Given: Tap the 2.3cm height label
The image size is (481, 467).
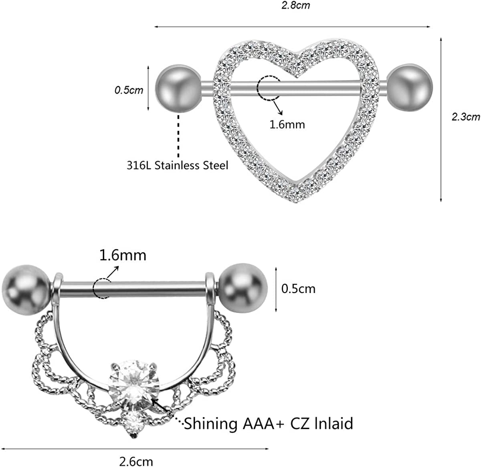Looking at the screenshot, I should [465, 117].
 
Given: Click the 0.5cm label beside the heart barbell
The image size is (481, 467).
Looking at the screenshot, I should [129, 90].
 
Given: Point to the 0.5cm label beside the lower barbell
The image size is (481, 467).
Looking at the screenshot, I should [298, 289].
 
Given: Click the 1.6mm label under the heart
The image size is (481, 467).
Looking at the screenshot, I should [287, 124].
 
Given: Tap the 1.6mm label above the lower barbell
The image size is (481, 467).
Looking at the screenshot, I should [123, 255].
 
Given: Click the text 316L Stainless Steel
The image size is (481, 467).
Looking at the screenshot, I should [178, 165].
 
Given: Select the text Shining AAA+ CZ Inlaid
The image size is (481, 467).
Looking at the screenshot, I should [269, 423].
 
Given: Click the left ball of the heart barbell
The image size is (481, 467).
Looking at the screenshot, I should [178, 88].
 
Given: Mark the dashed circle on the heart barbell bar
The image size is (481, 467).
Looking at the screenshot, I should [268, 87].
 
